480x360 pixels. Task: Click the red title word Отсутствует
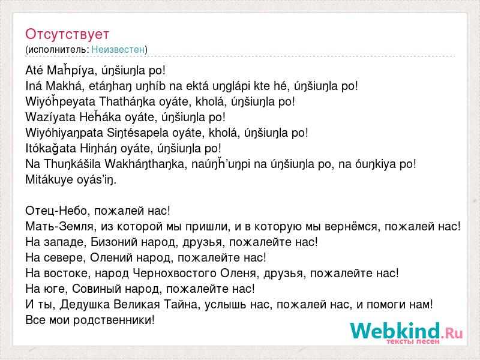tap(67, 34)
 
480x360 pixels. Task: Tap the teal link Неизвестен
tap(118, 49)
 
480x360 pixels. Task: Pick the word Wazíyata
tap(50, 117)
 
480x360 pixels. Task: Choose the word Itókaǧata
tap(51, 148)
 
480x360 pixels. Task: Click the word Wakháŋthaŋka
tap(146, 164)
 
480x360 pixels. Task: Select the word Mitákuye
tap(49, 179)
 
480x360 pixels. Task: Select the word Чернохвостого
tap(175, 273)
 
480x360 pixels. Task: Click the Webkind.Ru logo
tap(407, 333)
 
